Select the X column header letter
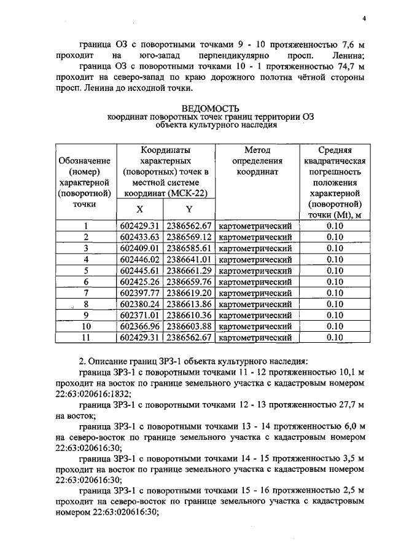(140, 209)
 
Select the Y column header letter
(189, 209)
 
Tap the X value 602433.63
(140, 237)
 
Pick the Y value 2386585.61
(189, 248)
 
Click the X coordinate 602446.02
(140, 259)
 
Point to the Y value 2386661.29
(189, 270)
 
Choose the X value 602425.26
(140, 281)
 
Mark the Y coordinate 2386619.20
(189, 292)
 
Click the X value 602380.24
(140, 303)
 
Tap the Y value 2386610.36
(189, 315)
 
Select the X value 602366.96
(140, 326)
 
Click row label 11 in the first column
(86, 337)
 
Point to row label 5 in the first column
(86, 270)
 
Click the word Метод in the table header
(257, 149)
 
